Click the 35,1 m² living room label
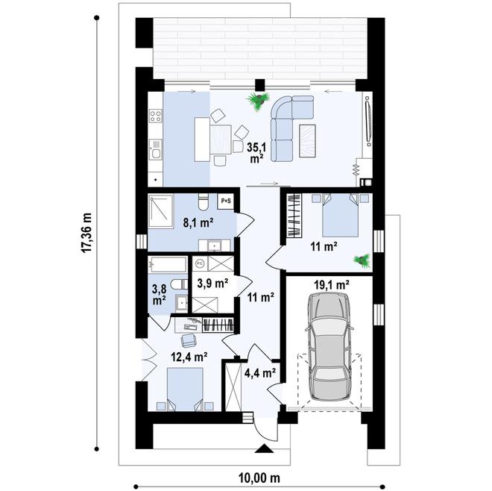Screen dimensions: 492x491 pyautogui.click(x=257, y=153)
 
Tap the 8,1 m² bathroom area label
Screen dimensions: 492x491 pyautogui.click(x=198, y=223)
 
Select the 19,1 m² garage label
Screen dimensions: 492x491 pyautogui.click(x=332, y=285)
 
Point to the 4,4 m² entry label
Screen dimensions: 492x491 pyautogui.click(x=260, y=373)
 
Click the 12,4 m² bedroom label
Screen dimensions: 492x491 pyautogui.click(x=189, y=357)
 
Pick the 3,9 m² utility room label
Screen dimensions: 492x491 pyautogui.click(x=212, y=284)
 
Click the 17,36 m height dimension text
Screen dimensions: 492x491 pyautogui.click(x=86, y=233)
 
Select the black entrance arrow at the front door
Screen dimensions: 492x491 pyautogui.click(x=264, y=448)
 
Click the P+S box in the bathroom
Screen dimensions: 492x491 pyautogui.click(x=226, y=201)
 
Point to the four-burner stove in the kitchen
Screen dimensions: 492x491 pyautogui.click(x=156, y=116)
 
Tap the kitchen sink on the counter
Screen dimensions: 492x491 pyautogui.click(x=155, y=149)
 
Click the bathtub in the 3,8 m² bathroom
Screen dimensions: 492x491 pyautogui.click(x=168, y=265)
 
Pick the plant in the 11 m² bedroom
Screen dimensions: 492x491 pyautogui.click(x=362, y=261)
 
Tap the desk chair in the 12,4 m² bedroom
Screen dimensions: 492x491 pyautogui.click(x=189, y=340)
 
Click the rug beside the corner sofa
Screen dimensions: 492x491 pyautogui.click(x=307, y=141)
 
